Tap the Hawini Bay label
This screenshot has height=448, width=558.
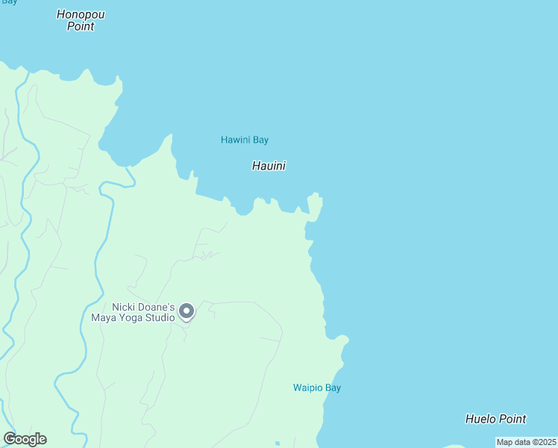click(x=245, y=140)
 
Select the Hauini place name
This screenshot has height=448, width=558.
click(x=269, y=166)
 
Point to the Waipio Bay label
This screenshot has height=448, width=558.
click(x=316, y=388)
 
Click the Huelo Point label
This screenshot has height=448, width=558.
click(x=495, y=419)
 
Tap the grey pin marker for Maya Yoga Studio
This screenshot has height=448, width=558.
click(x=186, y=311)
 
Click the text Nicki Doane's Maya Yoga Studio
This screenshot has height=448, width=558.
click(x=143, y=312)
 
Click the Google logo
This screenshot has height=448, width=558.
click(x=25, y=439)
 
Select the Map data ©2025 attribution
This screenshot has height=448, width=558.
click(x=526, y=442)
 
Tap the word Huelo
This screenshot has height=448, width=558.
click(x=480, y=419)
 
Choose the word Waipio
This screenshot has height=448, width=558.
click(x=307, y=388)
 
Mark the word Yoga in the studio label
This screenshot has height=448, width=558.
click(x=131, y=317)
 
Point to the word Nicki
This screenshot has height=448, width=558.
click(x=124, y=307)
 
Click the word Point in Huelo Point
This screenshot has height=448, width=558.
click(x=512, y=419)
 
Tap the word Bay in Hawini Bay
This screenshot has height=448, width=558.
click(x=260, y=140)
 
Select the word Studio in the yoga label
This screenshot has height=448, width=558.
click(x=160, y=317)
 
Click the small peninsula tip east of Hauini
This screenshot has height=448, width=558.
click(x=316, y=199)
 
